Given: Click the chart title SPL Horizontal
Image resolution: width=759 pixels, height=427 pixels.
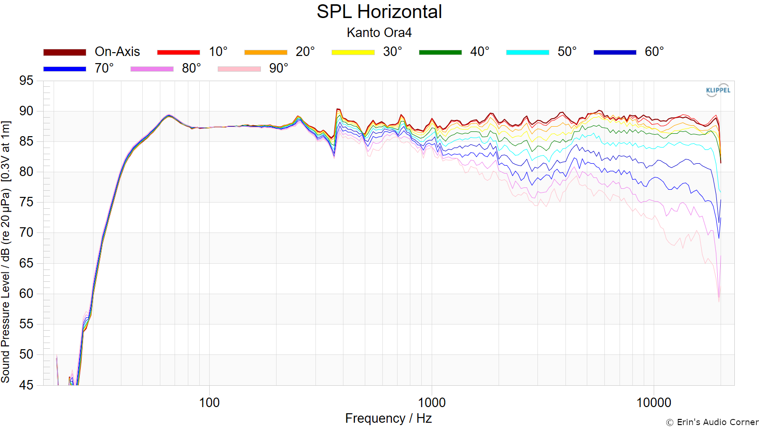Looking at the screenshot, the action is [379, 12].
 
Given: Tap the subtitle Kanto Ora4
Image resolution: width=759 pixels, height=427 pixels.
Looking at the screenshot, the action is [379, 33].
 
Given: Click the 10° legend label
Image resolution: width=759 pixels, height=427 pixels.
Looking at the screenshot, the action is [218, 52].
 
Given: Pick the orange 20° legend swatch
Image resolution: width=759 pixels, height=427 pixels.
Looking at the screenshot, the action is [266, 52].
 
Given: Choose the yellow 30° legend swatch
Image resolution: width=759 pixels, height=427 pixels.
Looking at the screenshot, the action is [353, 52].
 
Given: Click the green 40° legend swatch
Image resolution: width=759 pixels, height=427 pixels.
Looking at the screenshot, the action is [440, 52].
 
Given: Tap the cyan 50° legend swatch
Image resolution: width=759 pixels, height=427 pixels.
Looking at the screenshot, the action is [528, 52].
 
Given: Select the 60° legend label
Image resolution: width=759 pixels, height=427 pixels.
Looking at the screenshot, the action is [654, 52].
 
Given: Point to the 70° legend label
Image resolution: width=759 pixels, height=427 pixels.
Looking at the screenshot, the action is [104, 68].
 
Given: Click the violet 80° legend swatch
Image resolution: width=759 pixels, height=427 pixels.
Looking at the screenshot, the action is [152, 69].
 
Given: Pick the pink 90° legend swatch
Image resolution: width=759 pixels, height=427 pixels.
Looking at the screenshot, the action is [239, 69].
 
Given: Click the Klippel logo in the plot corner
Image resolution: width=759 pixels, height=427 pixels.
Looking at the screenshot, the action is [718, 90].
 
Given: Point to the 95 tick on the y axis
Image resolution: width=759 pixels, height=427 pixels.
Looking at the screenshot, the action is [26, 81].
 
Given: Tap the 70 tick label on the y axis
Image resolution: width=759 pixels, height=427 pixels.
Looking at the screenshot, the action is [26, 233].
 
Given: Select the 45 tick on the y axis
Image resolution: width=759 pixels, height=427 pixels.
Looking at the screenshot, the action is [26, 385].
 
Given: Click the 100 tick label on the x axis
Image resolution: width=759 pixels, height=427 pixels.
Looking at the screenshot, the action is [209, 403].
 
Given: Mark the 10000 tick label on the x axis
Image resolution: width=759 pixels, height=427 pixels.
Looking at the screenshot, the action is [654, 403].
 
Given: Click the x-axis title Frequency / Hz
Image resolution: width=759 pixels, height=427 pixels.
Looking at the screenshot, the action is [389, 418].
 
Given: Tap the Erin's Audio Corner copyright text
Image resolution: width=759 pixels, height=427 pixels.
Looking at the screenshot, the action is [712, 422].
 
